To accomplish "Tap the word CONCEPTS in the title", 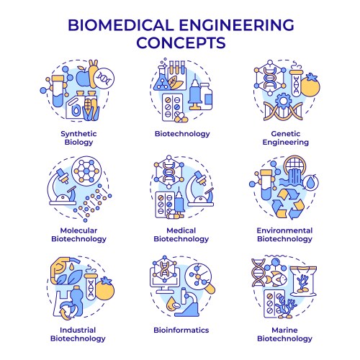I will pyautogui.click(x=181, y=42).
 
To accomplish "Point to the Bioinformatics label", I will pyautogui.click(x=181, y=330).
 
